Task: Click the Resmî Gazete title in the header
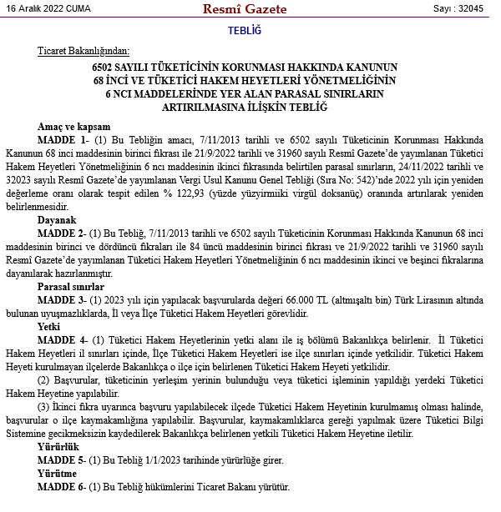(244, 10)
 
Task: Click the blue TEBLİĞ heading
(244, 31)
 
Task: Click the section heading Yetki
(49, 327)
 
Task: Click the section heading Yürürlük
(58, 447)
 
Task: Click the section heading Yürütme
(58, 473)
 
